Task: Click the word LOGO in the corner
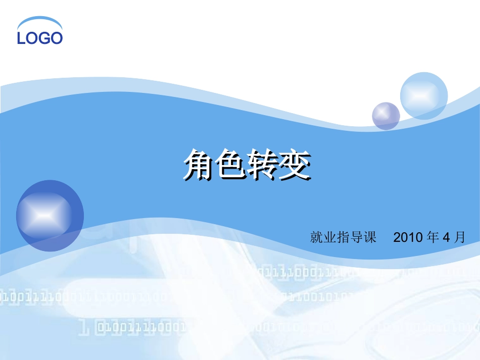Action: click(40, 38)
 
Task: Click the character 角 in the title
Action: click(199, 165)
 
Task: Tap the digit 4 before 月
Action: click(446, 237)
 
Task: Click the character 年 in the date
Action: click(433, 237)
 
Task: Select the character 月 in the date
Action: click(459, 237)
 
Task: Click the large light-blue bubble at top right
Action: click(424, 96)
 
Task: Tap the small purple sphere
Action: click(386, 116)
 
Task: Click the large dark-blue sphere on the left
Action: click(50, 216)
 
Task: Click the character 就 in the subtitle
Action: click(316, 237)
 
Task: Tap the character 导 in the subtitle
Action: click(357, 237)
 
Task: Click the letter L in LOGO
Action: click(21, 38)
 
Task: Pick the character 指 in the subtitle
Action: click(344, 237)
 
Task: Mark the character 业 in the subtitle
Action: click(330, 237)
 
